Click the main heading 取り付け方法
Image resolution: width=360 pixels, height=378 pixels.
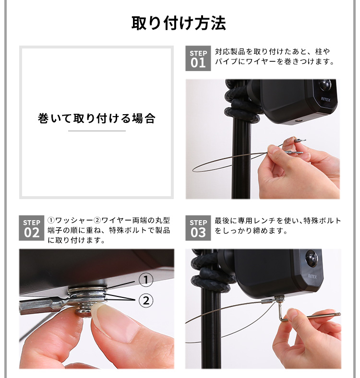179,23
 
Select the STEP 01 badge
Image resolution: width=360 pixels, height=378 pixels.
198,59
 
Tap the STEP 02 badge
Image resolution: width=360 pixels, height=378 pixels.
32,228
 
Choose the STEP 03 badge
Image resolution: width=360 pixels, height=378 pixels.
198,228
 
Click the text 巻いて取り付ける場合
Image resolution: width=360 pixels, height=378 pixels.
96,118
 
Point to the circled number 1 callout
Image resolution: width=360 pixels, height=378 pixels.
146,280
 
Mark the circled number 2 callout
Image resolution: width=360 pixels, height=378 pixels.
146,301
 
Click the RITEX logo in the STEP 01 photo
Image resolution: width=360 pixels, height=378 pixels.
325,99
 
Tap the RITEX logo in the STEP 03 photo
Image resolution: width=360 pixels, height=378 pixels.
312,276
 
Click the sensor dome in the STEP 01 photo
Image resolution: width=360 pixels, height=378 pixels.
324,85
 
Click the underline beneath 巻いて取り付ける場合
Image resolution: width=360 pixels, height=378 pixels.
97,131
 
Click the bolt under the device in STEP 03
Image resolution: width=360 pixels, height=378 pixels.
280,299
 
